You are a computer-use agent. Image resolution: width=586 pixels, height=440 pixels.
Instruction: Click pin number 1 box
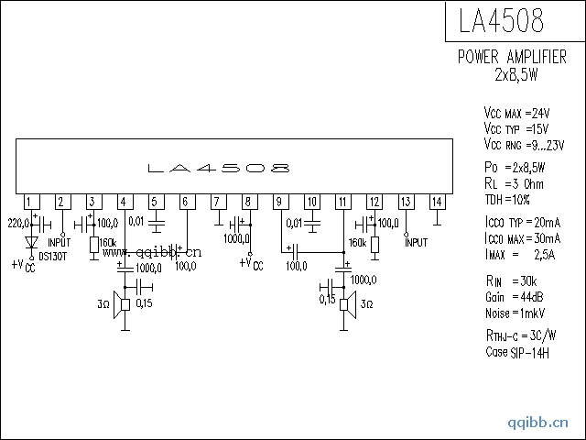click(x=30, y=202)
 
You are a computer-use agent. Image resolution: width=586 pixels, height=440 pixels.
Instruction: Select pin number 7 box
click(x=218, y=202)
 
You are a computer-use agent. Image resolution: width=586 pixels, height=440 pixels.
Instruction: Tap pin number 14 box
click(x=437, y=202)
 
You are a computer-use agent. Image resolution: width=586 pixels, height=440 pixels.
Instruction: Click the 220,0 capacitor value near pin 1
click(x=18, y=223)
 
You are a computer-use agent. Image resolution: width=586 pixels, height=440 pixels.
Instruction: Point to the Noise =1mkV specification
click(x=517, y=313)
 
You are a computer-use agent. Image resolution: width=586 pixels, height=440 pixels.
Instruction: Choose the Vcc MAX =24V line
click(x=517, y=113)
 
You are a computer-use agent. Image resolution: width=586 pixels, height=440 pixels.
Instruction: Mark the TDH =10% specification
click(x=507, y=199)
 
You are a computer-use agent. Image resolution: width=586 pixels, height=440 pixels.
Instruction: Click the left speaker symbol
click(x=120, y=306)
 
